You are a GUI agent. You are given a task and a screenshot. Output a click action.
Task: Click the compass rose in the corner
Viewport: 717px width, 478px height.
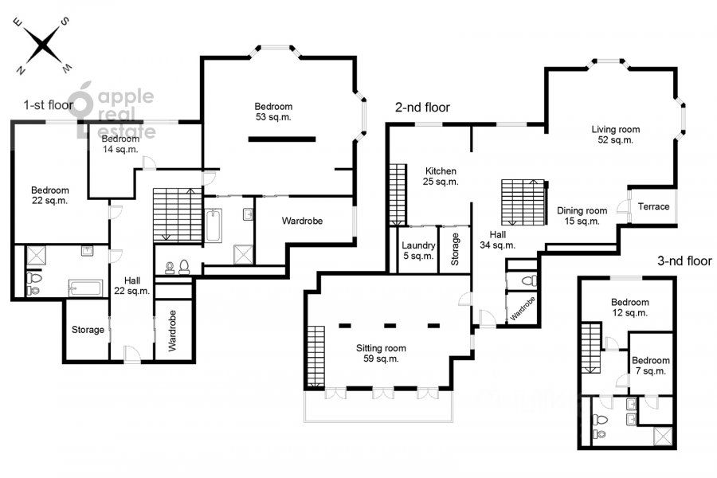tap(42, 45)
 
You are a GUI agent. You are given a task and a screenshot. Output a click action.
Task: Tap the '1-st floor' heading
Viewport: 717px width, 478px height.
tap(48, 105)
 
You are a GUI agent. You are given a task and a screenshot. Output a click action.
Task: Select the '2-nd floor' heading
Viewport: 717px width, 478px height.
tap(422, 108)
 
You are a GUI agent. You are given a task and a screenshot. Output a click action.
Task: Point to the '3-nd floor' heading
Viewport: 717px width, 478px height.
tap(684, 261)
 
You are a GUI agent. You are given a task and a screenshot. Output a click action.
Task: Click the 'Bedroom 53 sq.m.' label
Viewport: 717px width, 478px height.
tap(273, 112)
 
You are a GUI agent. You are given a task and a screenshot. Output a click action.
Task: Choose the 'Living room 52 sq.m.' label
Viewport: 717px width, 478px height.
tap(616, 135)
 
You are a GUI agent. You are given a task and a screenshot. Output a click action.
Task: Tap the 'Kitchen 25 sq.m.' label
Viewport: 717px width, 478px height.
tap(441, 176)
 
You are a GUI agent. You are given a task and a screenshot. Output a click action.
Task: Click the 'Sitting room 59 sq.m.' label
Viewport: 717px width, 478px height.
tap(381, 353)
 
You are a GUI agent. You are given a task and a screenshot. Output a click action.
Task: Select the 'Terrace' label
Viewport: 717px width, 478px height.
tap(653, 207)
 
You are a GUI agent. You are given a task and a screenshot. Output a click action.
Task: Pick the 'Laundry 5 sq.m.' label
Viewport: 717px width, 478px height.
tap(418, 250)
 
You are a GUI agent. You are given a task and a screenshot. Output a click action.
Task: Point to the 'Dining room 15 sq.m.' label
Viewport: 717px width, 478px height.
tap(582, 216)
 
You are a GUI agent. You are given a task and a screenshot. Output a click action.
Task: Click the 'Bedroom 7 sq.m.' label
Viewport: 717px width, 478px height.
tap(650, 366)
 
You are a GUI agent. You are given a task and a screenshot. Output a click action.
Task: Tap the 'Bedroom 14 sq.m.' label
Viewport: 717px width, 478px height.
tap(120, 143)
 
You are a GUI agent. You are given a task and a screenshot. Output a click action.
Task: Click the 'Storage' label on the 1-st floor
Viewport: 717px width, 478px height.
tap(88, 330)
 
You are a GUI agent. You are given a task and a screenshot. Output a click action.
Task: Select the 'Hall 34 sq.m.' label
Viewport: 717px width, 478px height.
tap(497, 240)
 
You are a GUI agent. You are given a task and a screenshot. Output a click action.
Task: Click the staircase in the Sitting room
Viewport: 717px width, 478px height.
tap(316, 357)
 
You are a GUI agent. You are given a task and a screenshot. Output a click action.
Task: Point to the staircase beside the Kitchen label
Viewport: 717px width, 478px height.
tap(398, 195)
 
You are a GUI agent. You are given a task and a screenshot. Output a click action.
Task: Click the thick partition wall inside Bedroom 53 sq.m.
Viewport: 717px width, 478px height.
tap(282, 139)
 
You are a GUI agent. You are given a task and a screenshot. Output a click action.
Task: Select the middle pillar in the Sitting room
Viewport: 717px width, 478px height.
tap(390, 326)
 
